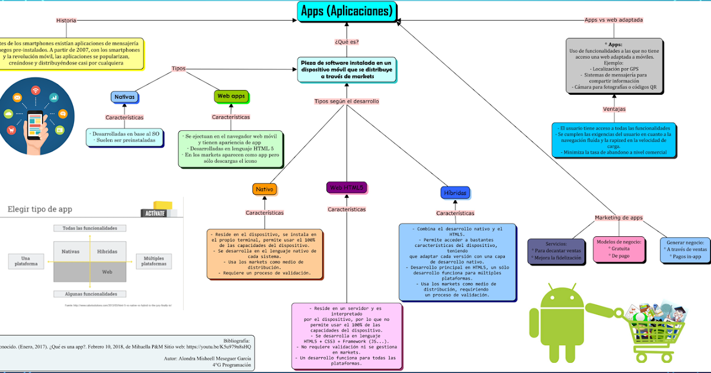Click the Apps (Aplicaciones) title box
click(347, 11)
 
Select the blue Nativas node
click(124, 97)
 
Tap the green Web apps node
click(230, 96)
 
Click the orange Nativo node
click(265, 189)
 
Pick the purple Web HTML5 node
click(347, 188)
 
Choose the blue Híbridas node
click(455, 193)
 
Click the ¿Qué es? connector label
click(347, 42)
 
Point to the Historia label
click(66, 20)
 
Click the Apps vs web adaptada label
click(613, 20)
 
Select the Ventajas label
click(614, 109)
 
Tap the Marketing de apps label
click(619, 218)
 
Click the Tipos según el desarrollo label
click(347, 101)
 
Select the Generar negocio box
click(685, 250)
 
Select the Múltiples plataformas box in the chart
click(153, 261)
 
